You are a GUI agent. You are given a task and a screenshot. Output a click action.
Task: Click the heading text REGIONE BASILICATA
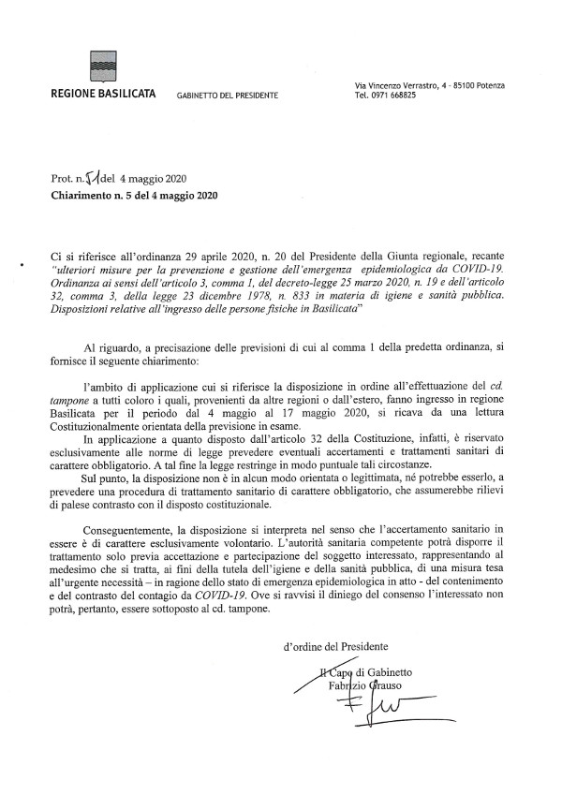point(103,96)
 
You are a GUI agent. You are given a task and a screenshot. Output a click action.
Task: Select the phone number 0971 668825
point(398,95)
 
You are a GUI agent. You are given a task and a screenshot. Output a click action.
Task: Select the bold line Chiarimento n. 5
point(134,196)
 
